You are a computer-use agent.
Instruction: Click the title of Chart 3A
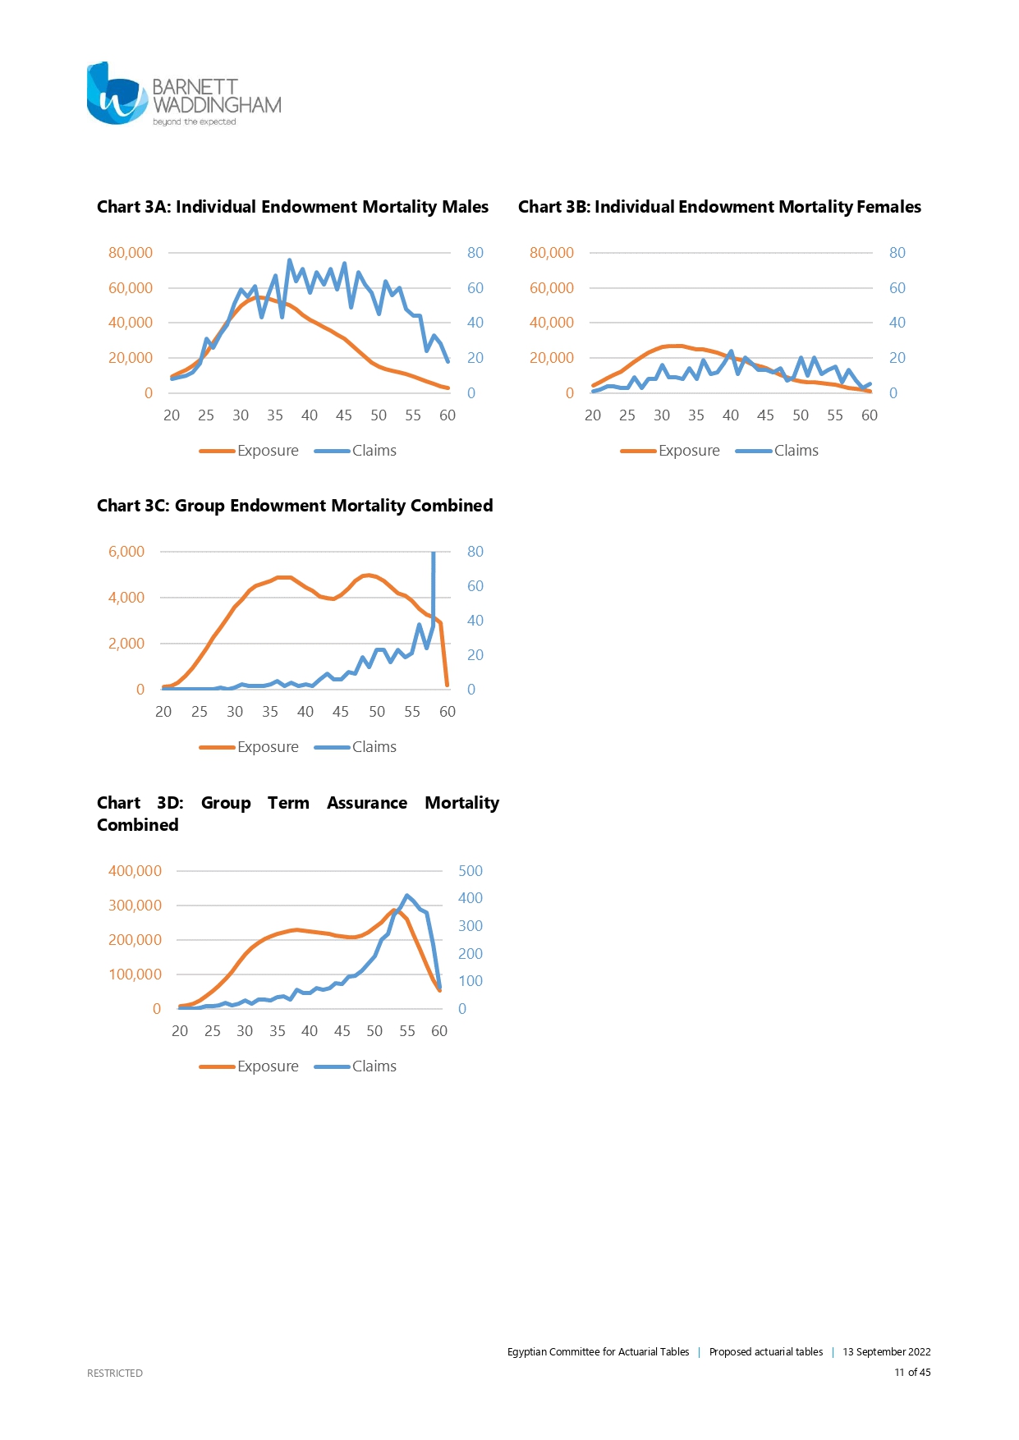(292, 207)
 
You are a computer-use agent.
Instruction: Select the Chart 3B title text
(719, 207)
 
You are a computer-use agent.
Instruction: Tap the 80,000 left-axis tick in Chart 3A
(131, 253)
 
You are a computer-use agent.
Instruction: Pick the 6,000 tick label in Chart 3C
(126, 552)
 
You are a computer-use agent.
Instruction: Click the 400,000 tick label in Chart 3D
(135, 871)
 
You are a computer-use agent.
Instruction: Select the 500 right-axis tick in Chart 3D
(470, 871)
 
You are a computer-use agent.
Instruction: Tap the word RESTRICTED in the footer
(115, 1373)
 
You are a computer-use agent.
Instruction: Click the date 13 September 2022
(886, 1352)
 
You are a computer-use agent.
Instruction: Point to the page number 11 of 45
(912, 1372)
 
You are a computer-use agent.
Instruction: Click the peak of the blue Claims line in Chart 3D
(407, 896)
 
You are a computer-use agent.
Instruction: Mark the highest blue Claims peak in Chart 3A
(289, 261)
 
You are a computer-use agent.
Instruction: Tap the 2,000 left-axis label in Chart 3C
(126, 644)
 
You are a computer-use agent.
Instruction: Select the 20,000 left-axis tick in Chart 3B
(551, 358)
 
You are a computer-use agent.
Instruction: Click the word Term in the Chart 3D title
(288, 803)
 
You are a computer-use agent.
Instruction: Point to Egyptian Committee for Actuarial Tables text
(598, 1352)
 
